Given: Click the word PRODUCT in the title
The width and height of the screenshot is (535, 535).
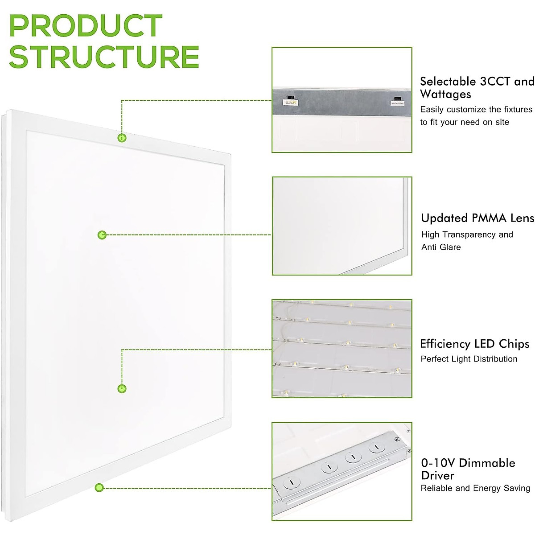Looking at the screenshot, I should [x=86, y=26].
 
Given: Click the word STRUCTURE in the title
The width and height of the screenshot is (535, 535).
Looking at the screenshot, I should [x=103, y=57].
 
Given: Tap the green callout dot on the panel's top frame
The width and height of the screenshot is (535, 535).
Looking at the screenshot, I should [x=122, y=138].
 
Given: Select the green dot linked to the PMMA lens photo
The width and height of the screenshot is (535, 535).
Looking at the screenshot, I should [x=102, y=235].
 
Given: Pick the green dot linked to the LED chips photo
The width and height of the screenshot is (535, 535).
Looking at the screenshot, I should [x=122, y=389].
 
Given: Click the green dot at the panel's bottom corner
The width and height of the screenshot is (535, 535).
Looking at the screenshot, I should [x=99, y=488].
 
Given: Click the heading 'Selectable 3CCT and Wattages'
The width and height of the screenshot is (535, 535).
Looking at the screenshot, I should [x=476, y=88].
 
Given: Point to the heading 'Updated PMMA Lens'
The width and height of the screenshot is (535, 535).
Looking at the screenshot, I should [x=477, y=218].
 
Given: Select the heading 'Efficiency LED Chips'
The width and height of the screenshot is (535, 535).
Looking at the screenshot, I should [x=474, y=344].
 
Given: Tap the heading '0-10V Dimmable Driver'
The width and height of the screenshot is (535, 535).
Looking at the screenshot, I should [x=468, y=469].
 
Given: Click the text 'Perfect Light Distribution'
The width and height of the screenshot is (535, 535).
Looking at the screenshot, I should [x=469, y=359].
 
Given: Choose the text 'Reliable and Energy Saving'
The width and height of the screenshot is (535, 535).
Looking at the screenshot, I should [x=475, y=488].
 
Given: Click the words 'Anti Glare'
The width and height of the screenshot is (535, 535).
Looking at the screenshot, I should [x=441, y=247].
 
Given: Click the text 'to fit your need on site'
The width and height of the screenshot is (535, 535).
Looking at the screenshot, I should [x=464, y=122].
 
